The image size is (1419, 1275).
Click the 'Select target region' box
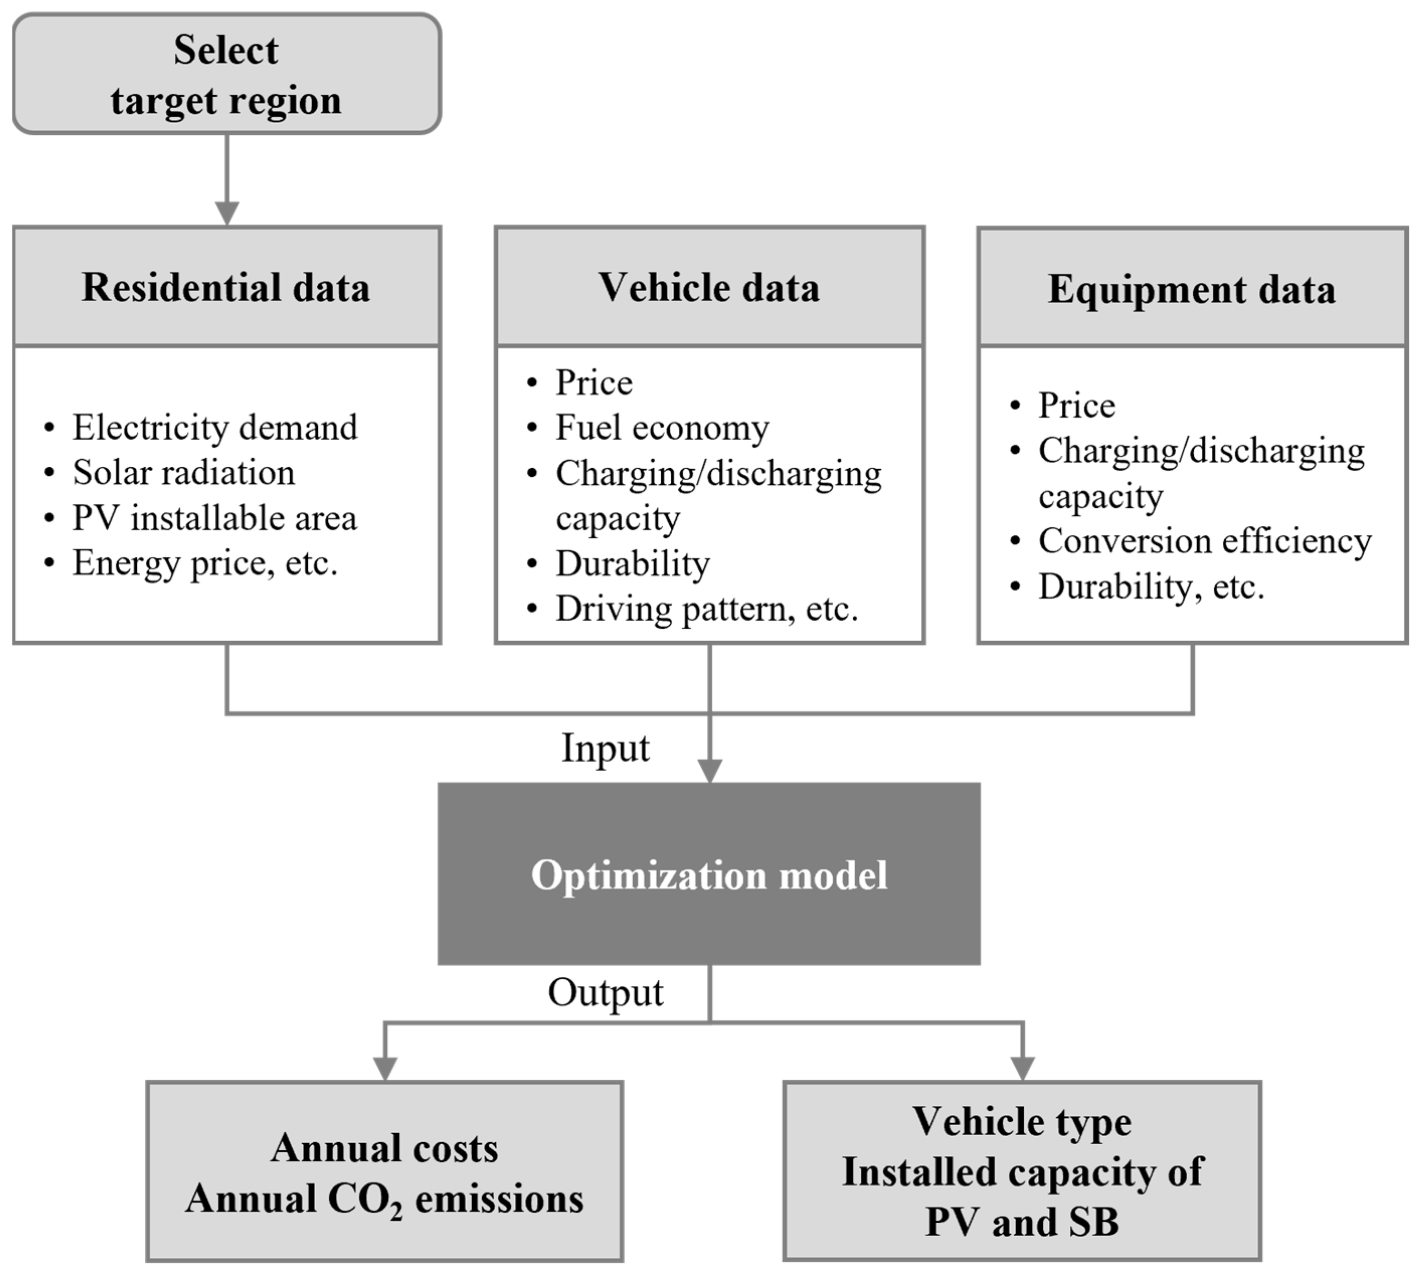click(226, 73)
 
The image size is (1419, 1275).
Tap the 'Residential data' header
click(226, 287)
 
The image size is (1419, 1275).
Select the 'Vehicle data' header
click(709, 287)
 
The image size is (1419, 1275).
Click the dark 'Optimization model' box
click(709, 874)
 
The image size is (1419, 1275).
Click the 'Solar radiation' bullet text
click(184, 473)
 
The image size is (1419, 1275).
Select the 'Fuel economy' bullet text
click(662, 428)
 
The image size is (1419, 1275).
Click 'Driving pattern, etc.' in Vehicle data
click(706, 609)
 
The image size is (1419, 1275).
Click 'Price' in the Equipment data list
click(1077, 405)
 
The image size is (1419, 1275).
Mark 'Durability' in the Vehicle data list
click(633, 563)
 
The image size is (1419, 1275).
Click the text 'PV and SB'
click(1022, 1222)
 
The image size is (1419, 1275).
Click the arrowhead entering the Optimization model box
click(709, 771)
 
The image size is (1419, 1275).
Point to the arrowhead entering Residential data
click(227, 213)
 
